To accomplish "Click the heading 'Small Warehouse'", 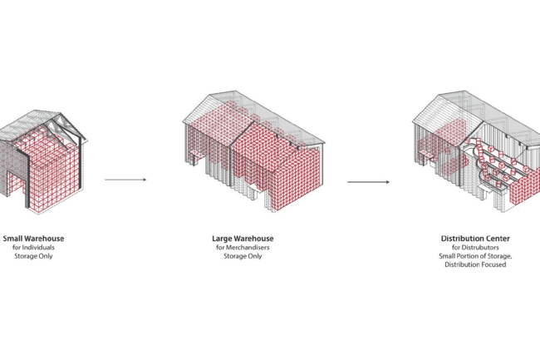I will click(x=33, y=239).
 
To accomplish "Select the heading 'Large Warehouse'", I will click(x=243, y=239).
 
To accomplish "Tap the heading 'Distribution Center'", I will click(x=474, y=239).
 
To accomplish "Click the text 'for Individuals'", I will click(x=33, y=248).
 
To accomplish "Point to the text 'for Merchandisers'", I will click(x=243, y=248).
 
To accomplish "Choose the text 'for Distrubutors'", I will click(x=474, y=248).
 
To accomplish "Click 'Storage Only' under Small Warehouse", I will click(x=33, y=256).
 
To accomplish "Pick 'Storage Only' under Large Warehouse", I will click(x=243, y=256).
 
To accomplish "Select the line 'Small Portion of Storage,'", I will click(x=474, y=256).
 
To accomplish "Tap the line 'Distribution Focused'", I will click(x=474, y=265).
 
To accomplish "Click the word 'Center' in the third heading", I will click(x=494, y=239).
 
